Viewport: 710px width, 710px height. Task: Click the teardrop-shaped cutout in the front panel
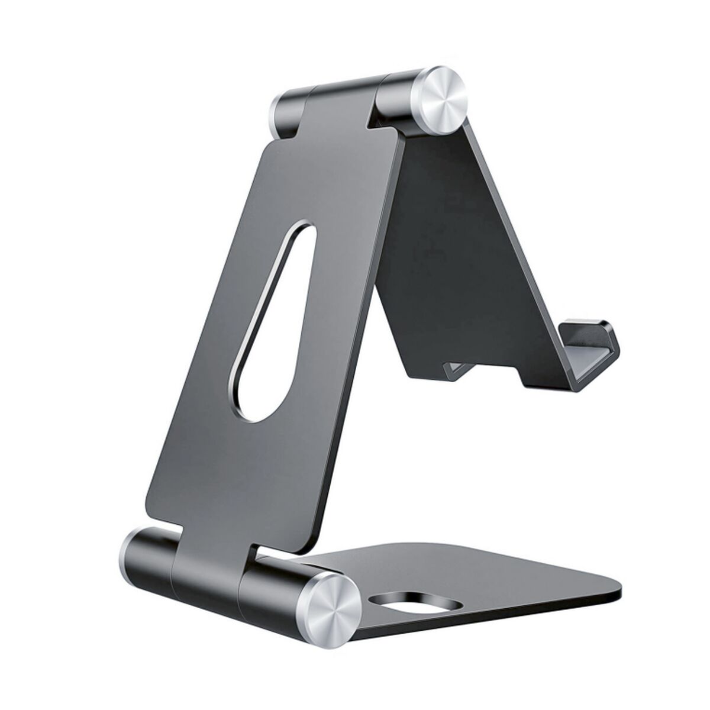(273, 331)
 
